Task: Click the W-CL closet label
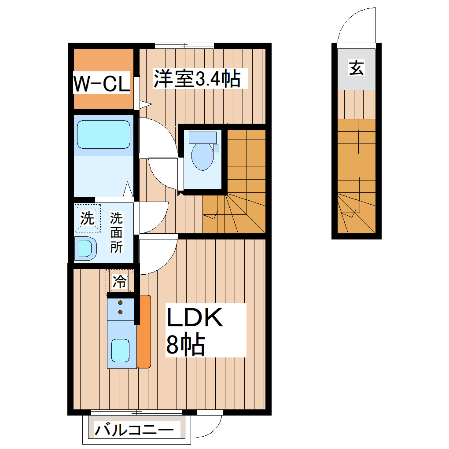pos(101,83)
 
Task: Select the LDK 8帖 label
pos(194,330)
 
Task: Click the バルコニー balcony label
pos(132,430)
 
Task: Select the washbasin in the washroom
pos(86,247)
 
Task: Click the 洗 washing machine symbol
pos(87,218)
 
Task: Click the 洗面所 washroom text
pos(116,232)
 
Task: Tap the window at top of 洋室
pos(184,45)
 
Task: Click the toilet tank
pos(202,137)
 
